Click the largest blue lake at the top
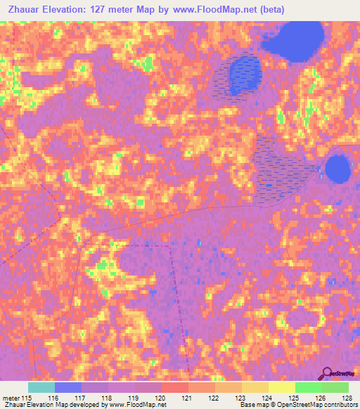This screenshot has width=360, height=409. point(294,42)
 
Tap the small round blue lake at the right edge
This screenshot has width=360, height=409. point(338,169)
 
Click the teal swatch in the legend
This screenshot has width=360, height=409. point(41,387)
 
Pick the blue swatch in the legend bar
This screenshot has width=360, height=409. point(68,387)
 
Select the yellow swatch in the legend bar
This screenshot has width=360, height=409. point(281,387)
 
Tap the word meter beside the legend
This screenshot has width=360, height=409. point(11,397)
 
